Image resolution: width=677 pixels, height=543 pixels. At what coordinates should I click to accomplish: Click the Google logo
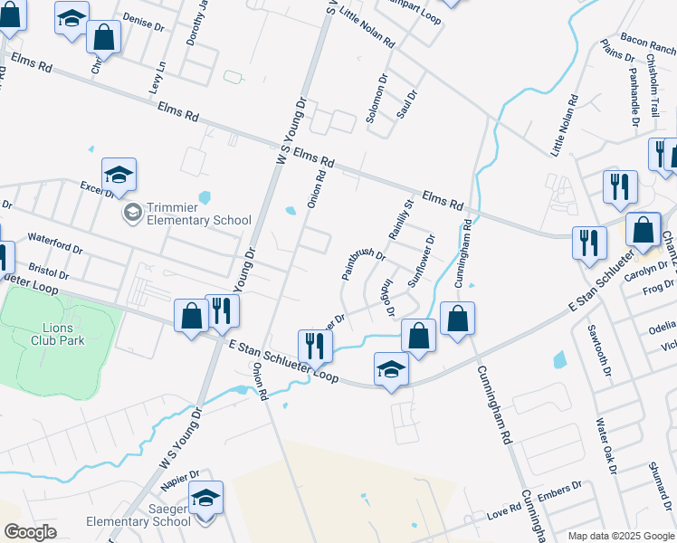pos(31,532)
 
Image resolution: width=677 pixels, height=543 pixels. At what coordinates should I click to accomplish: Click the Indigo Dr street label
pos(385,297)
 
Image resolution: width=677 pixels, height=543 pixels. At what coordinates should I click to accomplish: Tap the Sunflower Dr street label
pos(422,260)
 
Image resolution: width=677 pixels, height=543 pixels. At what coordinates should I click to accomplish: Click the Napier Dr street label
pos(181,477)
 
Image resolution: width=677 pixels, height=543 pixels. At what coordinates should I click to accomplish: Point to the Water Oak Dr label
pos(605,445)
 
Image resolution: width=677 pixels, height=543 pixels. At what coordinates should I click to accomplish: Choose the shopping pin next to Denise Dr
pos(104,39)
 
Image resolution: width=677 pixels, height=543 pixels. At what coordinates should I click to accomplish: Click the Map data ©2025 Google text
pos(621,536)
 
